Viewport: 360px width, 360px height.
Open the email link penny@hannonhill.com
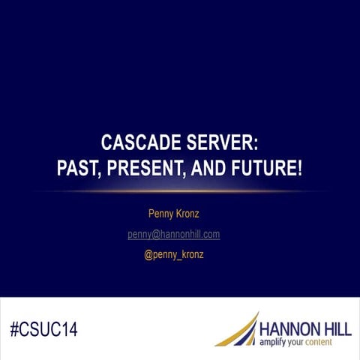pos(173,235)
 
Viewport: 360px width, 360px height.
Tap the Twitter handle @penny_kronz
pos(174,255)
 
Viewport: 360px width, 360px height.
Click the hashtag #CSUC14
pos(44,328)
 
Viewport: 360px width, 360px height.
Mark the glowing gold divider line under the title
pos(180,190)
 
